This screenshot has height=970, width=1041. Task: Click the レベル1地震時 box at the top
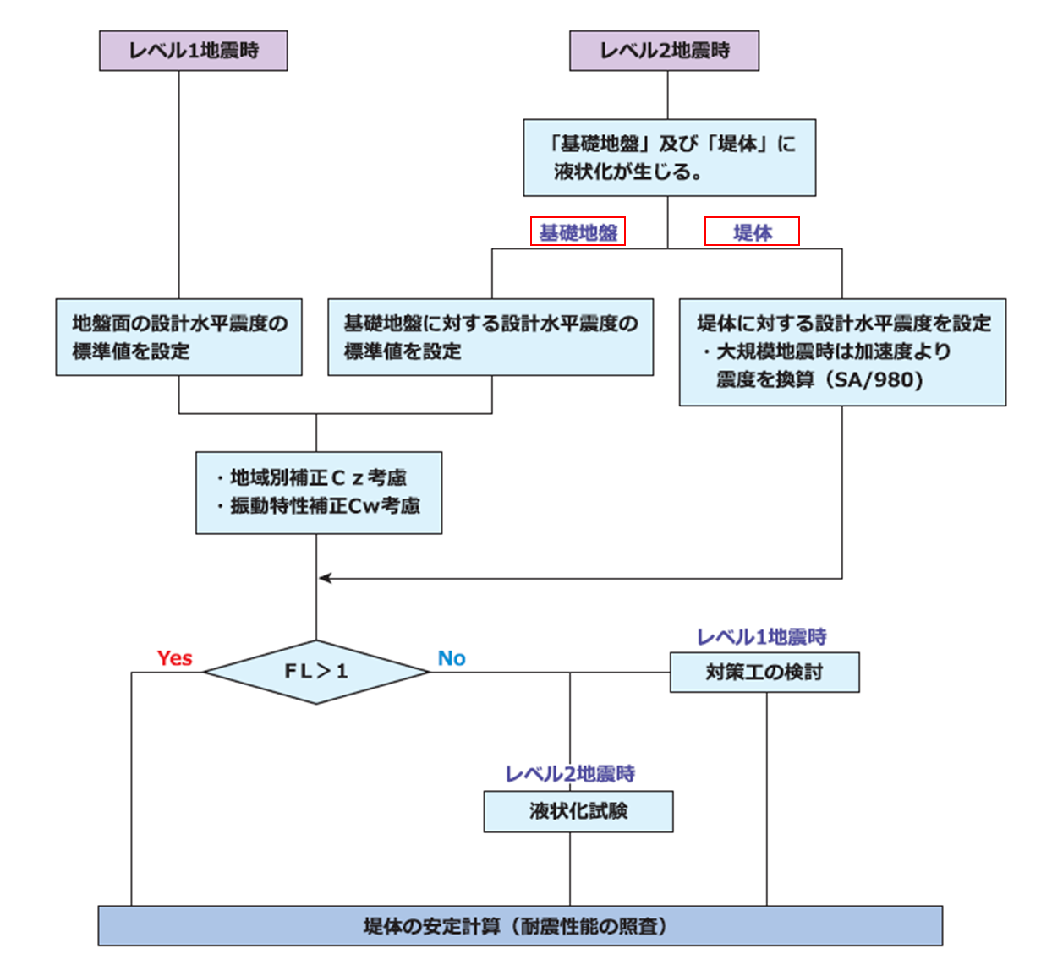pyautogui.click(x=193, y=51)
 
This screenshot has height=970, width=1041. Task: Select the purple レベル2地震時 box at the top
pyautogui.click(x=664, y=51)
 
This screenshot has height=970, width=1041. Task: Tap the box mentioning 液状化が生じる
pyautogui.click(x=669, y=158)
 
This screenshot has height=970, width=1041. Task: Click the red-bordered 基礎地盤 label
pyautogui.click(x=578, y=232)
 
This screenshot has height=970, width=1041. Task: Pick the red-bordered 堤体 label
pyautogui.click(x=752, y=232)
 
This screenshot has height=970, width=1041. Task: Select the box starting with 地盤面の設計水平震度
pyautogui.click(x=178, y=337)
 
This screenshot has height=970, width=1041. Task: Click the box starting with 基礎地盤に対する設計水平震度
pyautogui.click(x=490, y=337)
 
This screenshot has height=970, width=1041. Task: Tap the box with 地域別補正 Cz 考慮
pyautogui.click(x=319, y=493)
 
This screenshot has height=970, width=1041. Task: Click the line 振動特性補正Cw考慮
pyautogui.click(x=325, y=506)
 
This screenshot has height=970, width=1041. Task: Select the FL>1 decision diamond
pyautogui.click(x=316, y=672)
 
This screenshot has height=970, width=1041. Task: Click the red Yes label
pyautogui.click(x=174, y=658)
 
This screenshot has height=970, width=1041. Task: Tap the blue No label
pyautogui.click(x=452, y=658)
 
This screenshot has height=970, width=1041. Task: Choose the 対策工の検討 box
pyautogui.click(x=764, y=673)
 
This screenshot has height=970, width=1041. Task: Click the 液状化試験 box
pyautogui.click(x=578, y=811)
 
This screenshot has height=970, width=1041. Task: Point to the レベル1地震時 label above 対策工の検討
pyautogui.click(x=761, y=637)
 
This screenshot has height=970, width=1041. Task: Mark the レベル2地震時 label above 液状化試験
pyautogui.click(x=570, y=774)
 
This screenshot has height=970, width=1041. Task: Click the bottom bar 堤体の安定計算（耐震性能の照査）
pyautogui.click(x=520, y=926)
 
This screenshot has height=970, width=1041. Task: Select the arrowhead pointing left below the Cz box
pyautogui.click(x=325, y=578)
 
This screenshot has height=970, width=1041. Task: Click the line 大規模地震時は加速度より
pyautogui.click(x=833, y=351)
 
